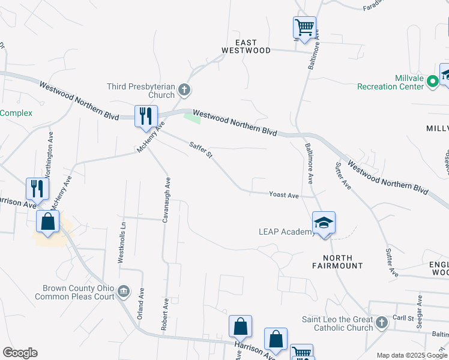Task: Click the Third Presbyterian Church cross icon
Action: [x=184, y=91]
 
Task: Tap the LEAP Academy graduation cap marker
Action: [x=324, y=223]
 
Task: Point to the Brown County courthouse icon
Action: [x=124, y=292]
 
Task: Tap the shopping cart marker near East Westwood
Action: [x=304, y=27]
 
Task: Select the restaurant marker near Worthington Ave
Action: [x=37, y=188]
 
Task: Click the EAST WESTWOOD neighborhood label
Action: [x=246, y=47]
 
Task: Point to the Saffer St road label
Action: [x=201, y=150]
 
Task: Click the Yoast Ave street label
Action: [x=284, y=195]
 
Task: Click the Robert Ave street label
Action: [x=163, y=312]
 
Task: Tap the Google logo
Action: [x=20, y=353]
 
